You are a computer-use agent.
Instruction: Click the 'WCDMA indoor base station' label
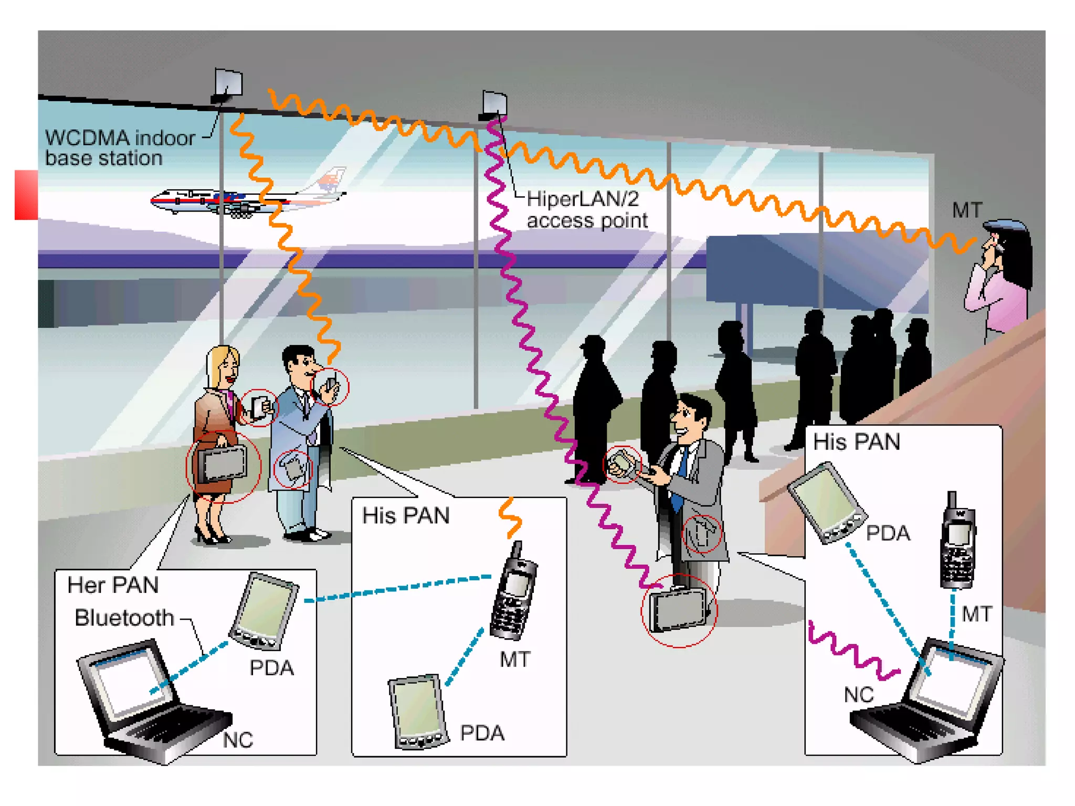click(x=120, y=148)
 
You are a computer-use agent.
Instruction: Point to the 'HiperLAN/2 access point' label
click(x=587, y=210)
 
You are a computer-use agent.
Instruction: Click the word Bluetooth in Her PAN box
click(x=124, y=618)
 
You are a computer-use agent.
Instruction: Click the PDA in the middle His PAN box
click(x=417, y=711)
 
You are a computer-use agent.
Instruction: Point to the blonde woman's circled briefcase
click(x=223, y=464)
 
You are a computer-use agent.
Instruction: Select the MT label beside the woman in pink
click(x=966, y=210)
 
